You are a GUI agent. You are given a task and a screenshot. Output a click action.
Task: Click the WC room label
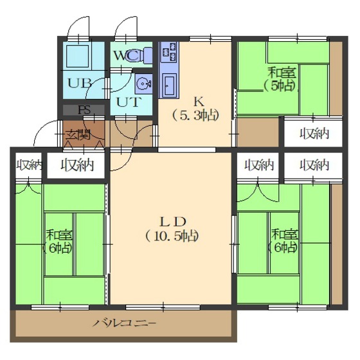(x=126, y=55)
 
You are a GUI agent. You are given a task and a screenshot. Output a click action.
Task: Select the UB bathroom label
(x=80, y=84)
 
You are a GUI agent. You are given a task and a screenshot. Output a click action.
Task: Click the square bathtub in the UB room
(x=78, y=57)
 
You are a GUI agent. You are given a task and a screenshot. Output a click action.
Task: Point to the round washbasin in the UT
(x=143, y=83)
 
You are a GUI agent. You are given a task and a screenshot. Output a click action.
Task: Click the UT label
(x=128, y=102)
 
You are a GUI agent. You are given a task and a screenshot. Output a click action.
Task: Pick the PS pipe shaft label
(x=84, y=110)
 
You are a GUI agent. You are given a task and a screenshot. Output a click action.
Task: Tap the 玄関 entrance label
(x=78, y=135)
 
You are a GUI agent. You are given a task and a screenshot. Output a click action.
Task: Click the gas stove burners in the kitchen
(x=170, y=52)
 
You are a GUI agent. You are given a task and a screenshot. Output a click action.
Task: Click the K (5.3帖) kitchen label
(x=195, y=109)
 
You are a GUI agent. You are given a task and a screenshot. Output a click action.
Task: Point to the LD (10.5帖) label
(x=172, y=229)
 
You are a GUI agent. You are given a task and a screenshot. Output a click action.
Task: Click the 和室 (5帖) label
(x=280, y=80)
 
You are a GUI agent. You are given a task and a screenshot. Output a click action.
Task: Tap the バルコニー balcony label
(x=125, y=323)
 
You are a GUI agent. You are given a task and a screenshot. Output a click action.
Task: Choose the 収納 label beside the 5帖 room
(x=314, y=134)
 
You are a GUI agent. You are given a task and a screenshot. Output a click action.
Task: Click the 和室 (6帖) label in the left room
(x=59, y=242)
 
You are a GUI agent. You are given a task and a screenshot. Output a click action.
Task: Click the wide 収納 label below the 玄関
(x=77, y=165)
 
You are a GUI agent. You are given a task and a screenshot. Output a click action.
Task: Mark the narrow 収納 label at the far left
(x=30, y=165)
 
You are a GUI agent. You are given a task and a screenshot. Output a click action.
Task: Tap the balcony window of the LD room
(x=163, y=307)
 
